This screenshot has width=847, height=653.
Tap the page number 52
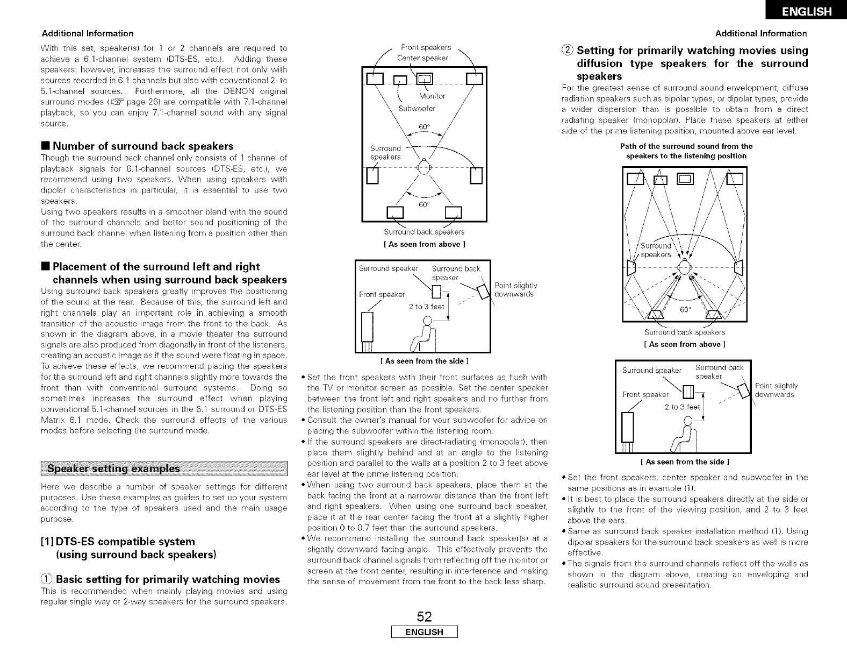[x=425, y=616]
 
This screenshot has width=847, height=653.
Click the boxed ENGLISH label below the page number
[x=424, y=632]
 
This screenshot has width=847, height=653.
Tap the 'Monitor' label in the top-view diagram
[x=432, y=96]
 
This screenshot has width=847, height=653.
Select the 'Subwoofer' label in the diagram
[x=417, y=109]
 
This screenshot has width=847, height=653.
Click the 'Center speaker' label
[x=422, y=58]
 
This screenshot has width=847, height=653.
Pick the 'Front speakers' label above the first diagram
[x=426, y=47]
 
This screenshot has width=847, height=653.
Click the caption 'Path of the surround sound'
[x=686, y=146]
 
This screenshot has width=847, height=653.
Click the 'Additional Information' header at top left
[x=87, y=33]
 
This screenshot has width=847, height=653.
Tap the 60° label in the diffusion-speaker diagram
[x=685, y=310]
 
